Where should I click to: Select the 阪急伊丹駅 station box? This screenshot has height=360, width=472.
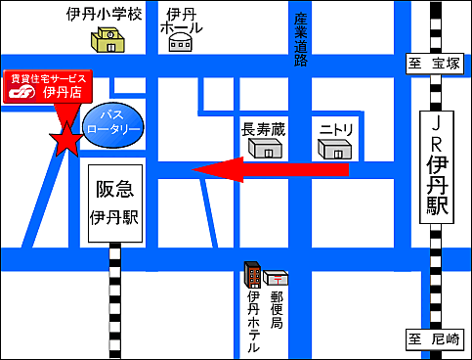pyautogui.click(x=115, y=200)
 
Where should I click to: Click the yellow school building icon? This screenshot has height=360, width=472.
pyautogui.click(x=109, y=41)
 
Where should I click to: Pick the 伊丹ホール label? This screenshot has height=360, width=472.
pyautogui.click(x=184, y=21)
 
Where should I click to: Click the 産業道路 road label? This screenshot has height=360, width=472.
pyautogui.click(x=301, y=40)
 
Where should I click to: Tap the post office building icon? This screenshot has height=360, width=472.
pyautogui.click(x=276, y=279)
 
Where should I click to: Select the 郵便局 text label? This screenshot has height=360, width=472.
pyautogui.click(x=276, y=308)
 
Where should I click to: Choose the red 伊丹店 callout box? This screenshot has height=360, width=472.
pyautogui.click(x=48, y=86)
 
